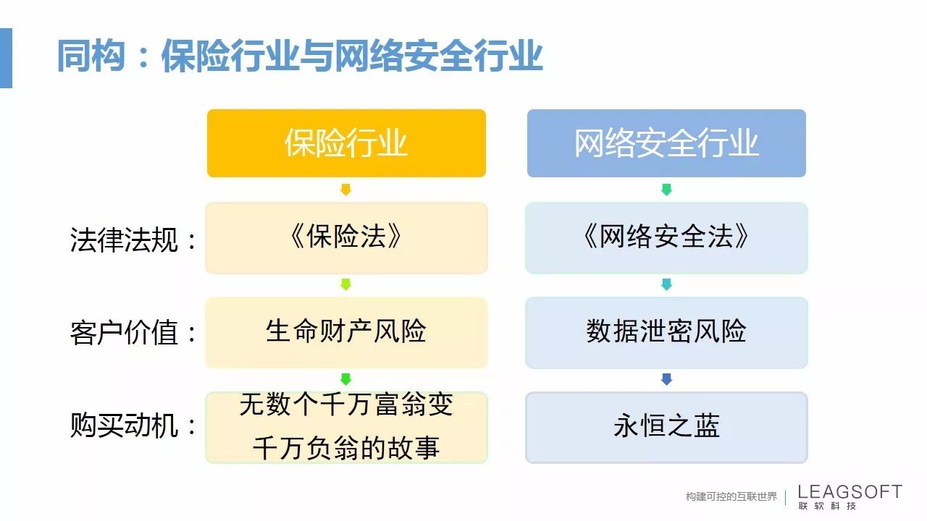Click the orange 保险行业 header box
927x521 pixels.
click(346, 143)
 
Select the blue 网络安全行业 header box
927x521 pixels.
click(666, 143)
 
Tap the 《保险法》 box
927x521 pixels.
click(346, 238)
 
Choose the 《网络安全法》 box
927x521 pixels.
click(666, 238)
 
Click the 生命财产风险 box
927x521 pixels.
click(346, 332)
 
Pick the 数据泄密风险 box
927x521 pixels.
click(666, 332)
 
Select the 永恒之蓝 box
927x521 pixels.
click(666, 428)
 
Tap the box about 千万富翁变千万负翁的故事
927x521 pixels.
click(346, 428)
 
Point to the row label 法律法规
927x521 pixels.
click(124, 240)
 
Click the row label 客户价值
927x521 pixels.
click(124, 332)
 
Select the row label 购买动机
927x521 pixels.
click(124, 425)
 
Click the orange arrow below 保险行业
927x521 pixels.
click(346, 190)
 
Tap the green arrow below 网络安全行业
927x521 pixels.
click(666, 190)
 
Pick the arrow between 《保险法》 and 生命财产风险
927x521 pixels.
click(346, 284)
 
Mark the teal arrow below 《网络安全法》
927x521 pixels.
click(666, 284)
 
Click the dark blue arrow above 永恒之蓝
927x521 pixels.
click(666, 379)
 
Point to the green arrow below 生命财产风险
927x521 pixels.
click(346, 379)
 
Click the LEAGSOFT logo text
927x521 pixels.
click(850, 491)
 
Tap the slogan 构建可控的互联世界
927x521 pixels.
click(731, 496)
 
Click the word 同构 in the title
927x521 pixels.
click(91, 56)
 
